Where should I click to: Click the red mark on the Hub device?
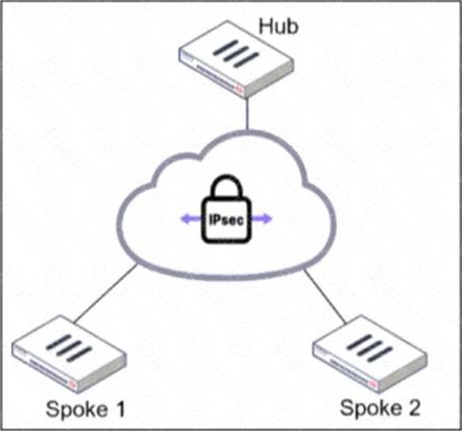(239, 88)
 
